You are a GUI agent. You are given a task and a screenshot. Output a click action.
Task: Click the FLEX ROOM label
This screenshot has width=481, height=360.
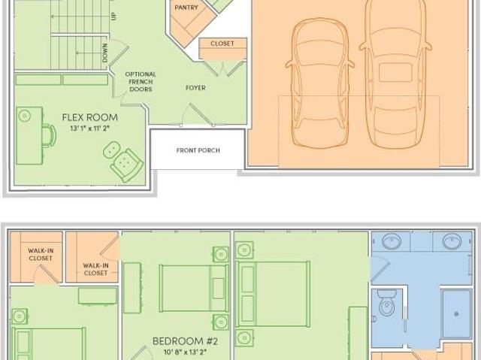(x=90, y=117)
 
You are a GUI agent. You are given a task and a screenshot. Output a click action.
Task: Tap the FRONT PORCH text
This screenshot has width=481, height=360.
(x=198, y=150)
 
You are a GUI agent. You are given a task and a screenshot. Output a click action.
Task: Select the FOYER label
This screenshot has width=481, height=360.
(x=195, y=88)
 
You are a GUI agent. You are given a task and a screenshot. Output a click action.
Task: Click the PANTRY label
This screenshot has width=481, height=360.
(x=186, y=8)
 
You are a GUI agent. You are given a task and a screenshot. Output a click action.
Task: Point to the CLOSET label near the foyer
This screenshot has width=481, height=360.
(x=222, y=44)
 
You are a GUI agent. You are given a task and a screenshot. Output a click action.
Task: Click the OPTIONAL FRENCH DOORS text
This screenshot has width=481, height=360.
(x=141, y=82)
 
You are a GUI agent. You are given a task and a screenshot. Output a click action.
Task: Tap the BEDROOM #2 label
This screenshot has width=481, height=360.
(x=185, y=341)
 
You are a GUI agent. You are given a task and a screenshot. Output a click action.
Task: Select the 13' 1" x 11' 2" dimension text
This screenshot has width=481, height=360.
(x=90, y=129)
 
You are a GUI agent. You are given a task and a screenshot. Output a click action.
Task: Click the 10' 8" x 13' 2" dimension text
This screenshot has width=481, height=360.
(x=185, y=352)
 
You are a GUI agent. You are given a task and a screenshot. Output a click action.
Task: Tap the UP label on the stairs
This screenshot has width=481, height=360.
(x=113, y=16)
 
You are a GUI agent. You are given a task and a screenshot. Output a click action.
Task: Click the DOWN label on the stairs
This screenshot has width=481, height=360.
(x=105, y=53)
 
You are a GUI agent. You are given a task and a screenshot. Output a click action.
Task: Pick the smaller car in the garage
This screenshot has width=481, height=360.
(x=320, y=83)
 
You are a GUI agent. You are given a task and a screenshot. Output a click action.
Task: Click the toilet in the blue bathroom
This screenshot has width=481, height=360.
(x=386, y=303)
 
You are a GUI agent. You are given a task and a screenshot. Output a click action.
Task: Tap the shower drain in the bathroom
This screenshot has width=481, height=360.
(x=456, y=314)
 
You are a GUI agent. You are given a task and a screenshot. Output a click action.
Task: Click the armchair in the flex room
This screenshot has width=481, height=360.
(x=126, y=165)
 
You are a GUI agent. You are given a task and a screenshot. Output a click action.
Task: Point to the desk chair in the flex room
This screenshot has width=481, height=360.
(x=49, y=136)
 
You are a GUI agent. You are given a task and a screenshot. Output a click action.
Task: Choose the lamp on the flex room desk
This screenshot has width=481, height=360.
(x=25, y=116)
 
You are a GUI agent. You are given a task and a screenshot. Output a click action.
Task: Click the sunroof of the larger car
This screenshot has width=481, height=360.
(x=395, y=73)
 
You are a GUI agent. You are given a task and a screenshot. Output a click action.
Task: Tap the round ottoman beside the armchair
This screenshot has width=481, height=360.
(x=112, y=150)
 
